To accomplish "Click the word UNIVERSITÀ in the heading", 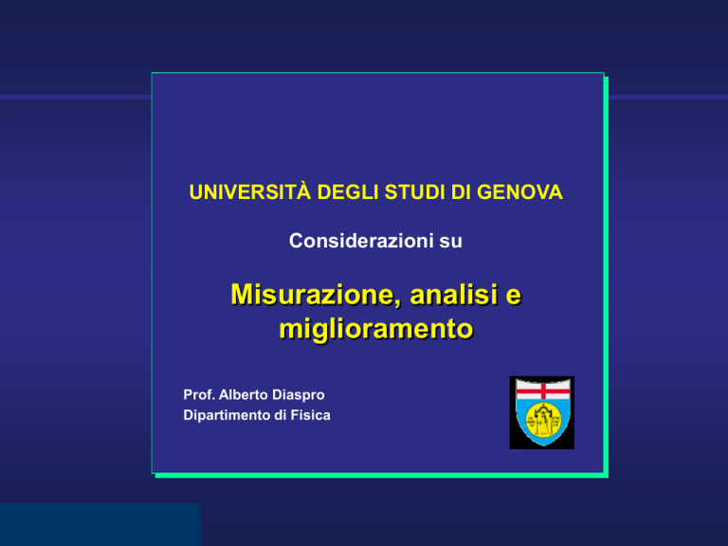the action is coord(250,191).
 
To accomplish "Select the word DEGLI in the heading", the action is coord(347,192).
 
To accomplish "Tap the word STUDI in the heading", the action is coord(414,192).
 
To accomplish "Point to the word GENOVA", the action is coord(519,192).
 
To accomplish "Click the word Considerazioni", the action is coord(361,241).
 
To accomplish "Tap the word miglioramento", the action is coord(376,329).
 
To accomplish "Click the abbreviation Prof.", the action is coord(199,394).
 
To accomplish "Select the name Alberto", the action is coord(244,394).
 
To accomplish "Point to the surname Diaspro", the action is coord(298,395).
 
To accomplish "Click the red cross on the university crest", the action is coord(543,391).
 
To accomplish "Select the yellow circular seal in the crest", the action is coord(542,420).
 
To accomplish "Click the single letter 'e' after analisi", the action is coord(513,297).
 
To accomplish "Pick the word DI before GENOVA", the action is coord(461,192).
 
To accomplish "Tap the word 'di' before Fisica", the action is coord(280,414).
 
